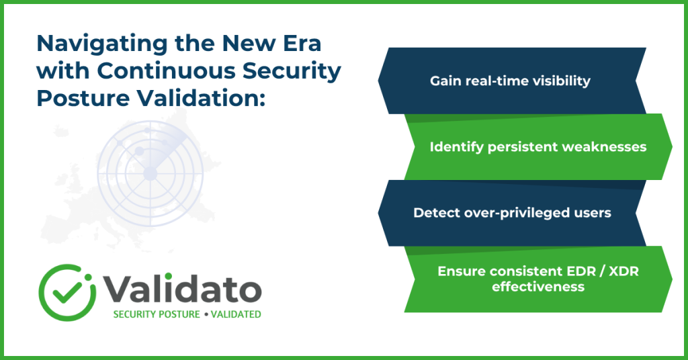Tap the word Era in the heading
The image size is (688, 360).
point(301,43)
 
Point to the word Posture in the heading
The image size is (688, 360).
point(82,98)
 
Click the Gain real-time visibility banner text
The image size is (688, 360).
point(510,81)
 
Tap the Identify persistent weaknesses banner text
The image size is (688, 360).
point(538,147)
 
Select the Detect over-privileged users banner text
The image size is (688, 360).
point(512,213)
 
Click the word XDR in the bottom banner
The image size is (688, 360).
point(623,271)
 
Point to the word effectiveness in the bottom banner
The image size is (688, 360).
point(538,287)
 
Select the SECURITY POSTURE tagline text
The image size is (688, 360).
point(156,314)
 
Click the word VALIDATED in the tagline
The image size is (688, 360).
point(236,314)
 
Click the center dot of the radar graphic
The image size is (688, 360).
point(150,174)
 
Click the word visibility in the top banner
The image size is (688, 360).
point(562,81)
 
